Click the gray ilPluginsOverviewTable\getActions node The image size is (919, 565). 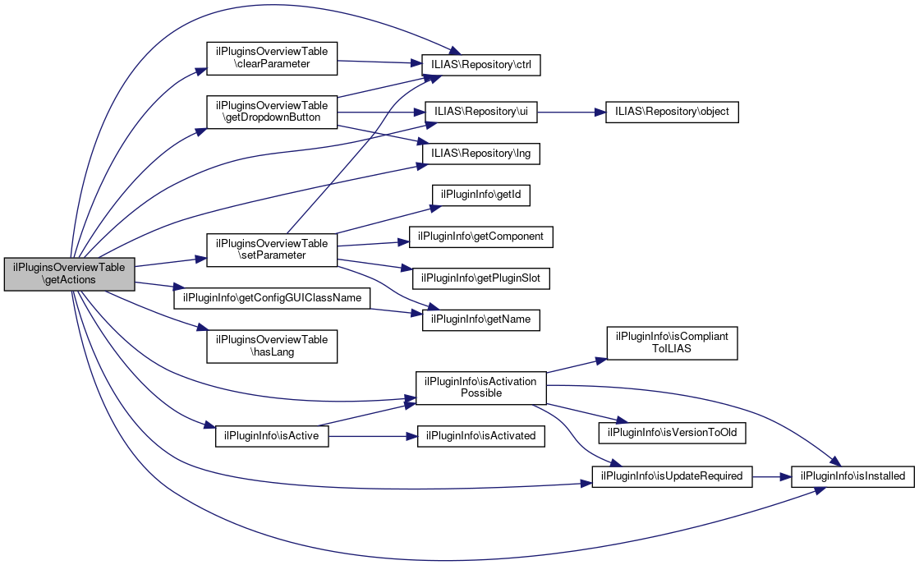pyautogui.click(x=69, y=273)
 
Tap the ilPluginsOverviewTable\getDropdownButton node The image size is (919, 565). pyautogui.click(x=271, y=112)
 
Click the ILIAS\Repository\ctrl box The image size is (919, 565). pyautogui.click(x=480, y=64)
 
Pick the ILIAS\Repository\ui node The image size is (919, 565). pyautogui.click(x=480, y=112)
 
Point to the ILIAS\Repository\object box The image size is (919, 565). pyautogui.click(x=672, y=112)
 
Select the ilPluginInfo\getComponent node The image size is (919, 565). pyautogui.click(x=481, y=237)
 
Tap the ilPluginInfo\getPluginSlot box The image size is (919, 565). pyautogui.click(x=481, y=278)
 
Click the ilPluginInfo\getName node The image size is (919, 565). pyautogui.click(x=481, y=319)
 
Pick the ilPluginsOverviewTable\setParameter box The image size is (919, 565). pyautogui.click(x=271, y=249)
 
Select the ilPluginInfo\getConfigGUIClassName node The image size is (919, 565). pyautogui.click(x=272, y=297)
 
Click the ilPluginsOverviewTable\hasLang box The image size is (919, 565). pyautogui.click(x=271, y=346)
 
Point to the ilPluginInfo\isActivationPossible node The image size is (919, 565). pyautogui.click(x=481, y=387)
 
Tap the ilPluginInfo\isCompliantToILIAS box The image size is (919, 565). pyautogui.click(x=672, y=342)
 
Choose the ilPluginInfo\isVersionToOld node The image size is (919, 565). pyautogui.click(x=672, y=431)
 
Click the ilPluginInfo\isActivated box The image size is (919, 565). pyautogui.click(x=481, y=435)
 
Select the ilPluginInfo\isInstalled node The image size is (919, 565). pyautogui.click(x=852, y=475)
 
